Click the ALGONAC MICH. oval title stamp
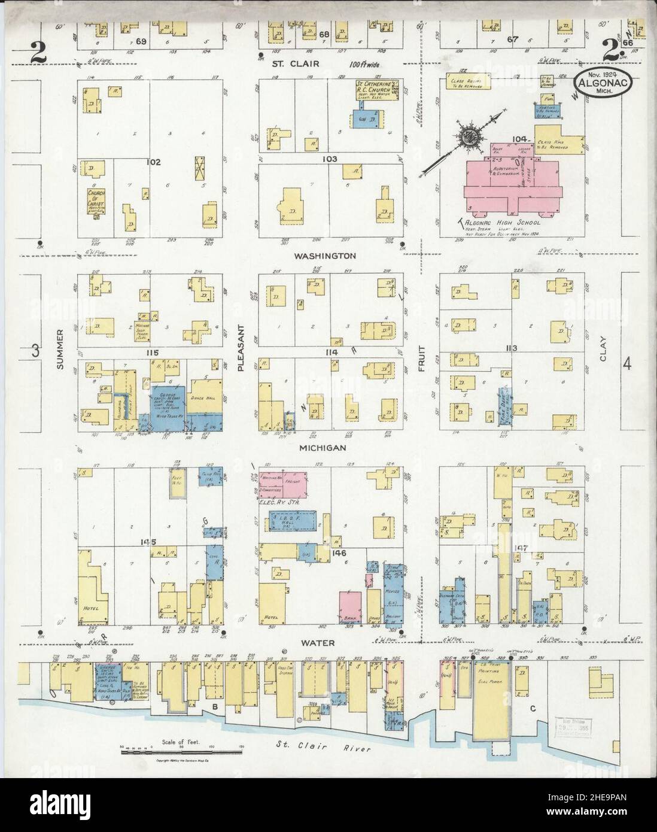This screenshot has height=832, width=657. [x=602, y=83]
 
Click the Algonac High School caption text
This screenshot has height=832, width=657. [x=496, y=222]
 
